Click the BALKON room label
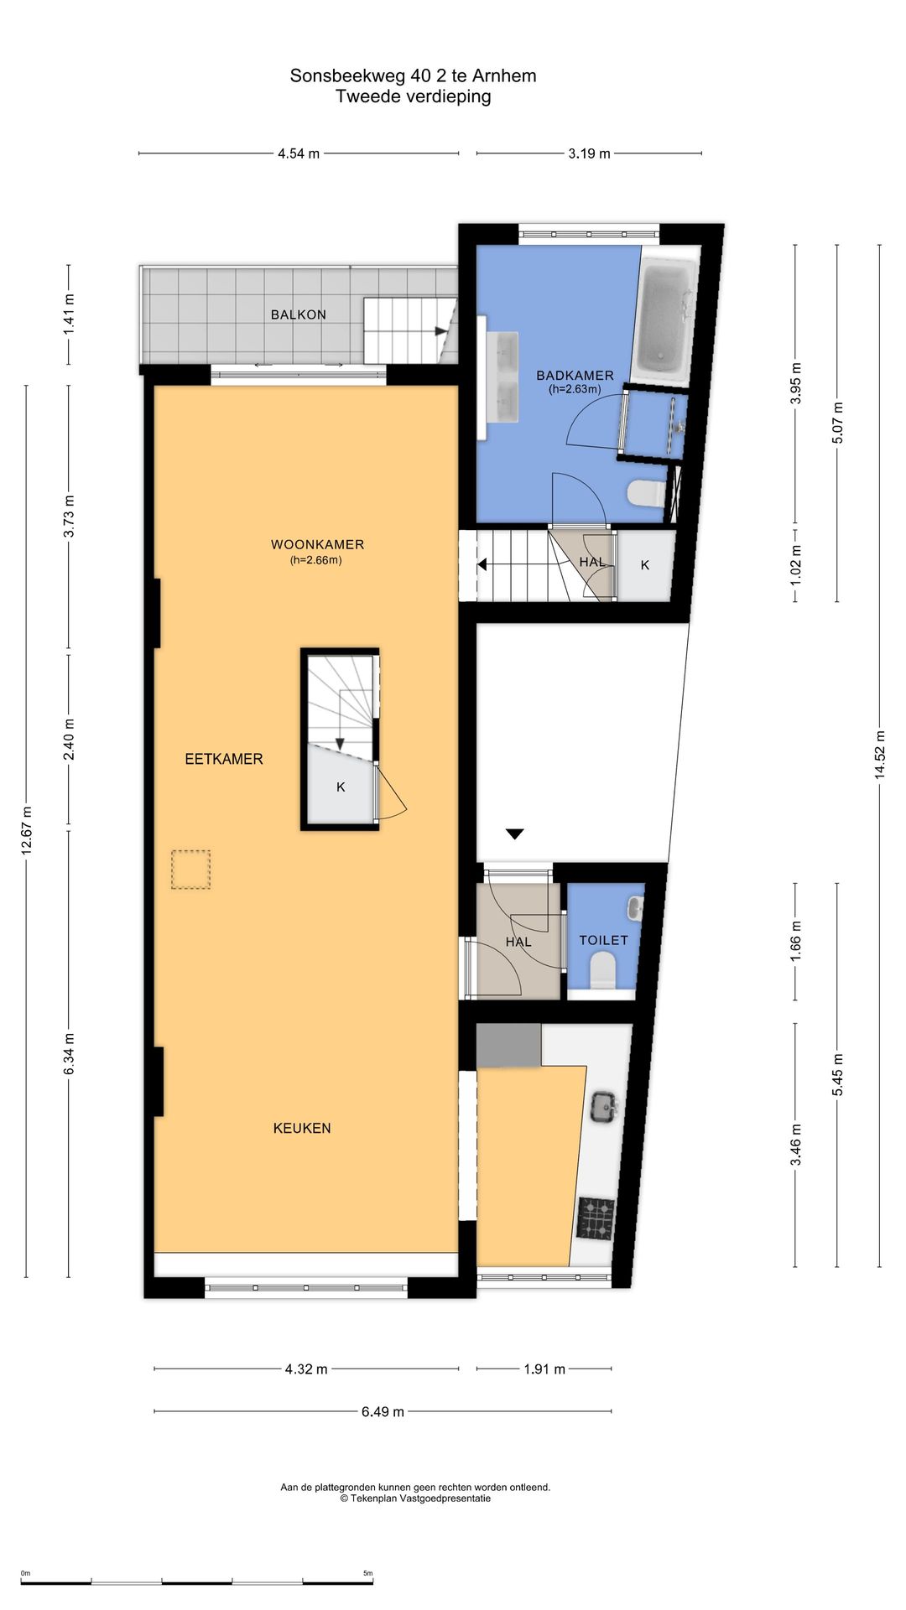[298, 314]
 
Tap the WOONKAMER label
[317, 544]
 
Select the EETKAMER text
[224, 759]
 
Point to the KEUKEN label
[302, 1128]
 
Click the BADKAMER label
[575, 376]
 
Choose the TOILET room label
[603, 940]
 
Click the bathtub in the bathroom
[664, 323]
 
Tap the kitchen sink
[604, 1106]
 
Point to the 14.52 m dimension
[880, 754]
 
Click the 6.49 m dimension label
[383, 1411]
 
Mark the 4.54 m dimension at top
[299, 153]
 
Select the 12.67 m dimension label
[26, 830]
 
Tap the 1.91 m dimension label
[544, 1368]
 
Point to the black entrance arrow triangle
[514, 834]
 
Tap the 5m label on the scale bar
[367, 1573]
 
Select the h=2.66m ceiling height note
[316, 560]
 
